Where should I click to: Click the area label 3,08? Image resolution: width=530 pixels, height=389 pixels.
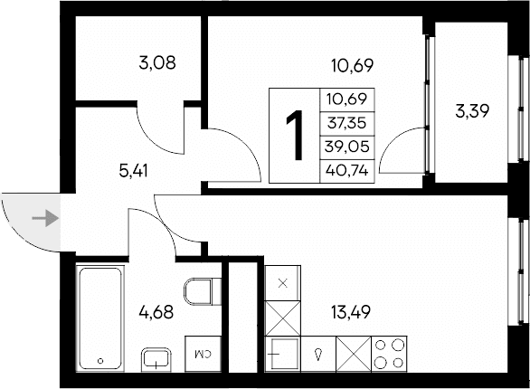click(x=156, y=63)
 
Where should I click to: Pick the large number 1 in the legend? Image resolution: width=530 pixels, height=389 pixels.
click(x=293, y=136)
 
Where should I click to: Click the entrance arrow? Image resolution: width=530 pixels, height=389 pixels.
click(x=42, y=217)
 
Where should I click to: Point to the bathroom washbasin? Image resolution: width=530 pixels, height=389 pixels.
click(x=157, y=359)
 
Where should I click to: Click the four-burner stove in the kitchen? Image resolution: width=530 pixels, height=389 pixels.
click(x=390, y=353)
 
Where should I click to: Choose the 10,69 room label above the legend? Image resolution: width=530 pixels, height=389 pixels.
click(x=352, y=64)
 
